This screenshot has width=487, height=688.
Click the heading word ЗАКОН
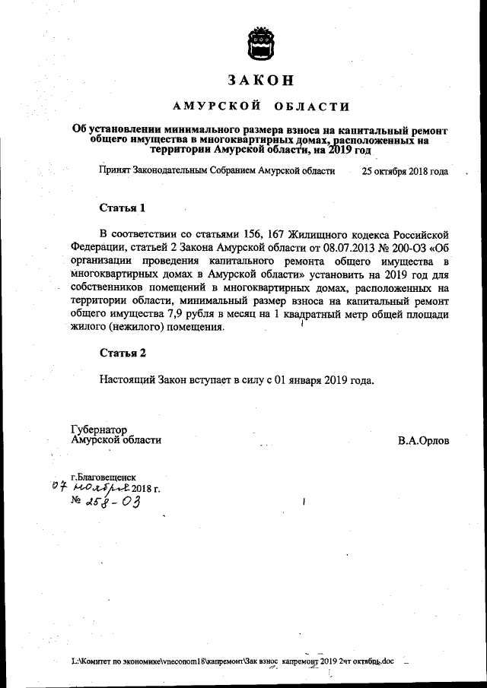(259, 80)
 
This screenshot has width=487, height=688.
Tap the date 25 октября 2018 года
(405, 171)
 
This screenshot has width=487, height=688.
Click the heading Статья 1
(123, 208)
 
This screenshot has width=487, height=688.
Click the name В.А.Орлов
(422, 440)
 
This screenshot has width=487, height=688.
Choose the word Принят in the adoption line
(115, 171)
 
